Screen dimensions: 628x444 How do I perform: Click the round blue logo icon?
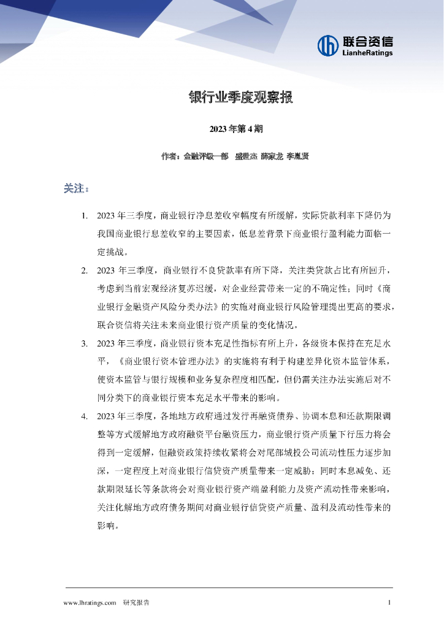[329, 45]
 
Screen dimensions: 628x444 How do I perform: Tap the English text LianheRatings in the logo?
[368, 53]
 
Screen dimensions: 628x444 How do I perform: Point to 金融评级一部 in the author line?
[205, 156]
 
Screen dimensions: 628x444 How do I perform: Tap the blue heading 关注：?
[76, 188]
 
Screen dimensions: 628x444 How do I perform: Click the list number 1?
[85, 216]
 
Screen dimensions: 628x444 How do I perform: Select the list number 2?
[85, 270]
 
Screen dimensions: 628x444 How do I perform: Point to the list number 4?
[85, 417]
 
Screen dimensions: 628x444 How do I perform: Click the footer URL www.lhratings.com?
[90, 603]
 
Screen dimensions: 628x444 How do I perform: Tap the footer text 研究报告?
[136, 603]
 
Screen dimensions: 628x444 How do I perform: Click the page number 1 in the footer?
[389, 603]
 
